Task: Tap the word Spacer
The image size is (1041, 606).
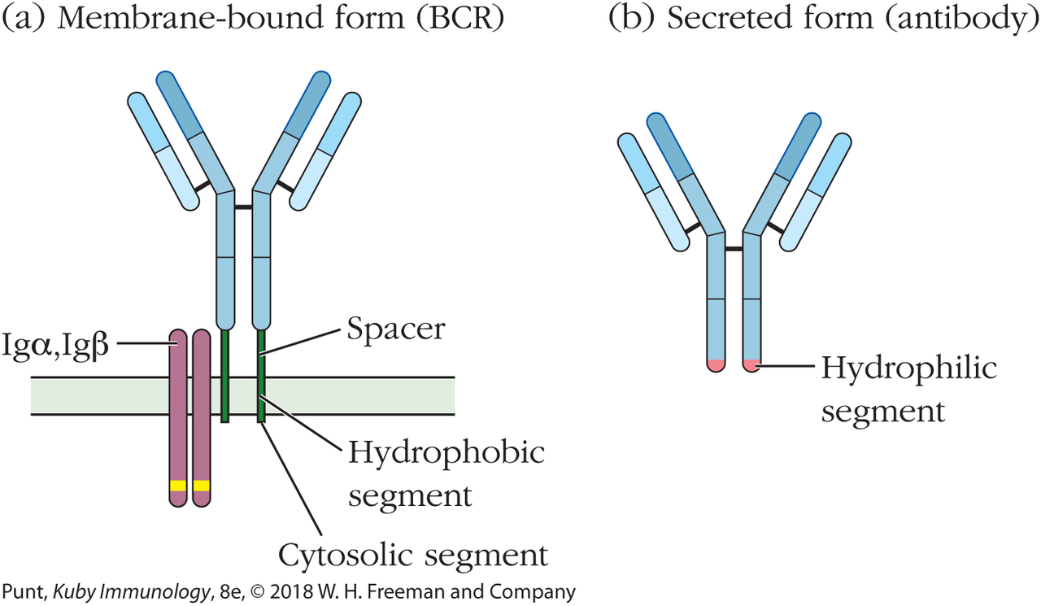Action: (395, 329)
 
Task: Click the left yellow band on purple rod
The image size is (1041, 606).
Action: (177, 486)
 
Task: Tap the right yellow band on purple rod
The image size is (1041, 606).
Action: (201, 486)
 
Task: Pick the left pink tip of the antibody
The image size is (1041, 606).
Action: (715, 365)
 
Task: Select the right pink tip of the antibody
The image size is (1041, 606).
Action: (752, 365)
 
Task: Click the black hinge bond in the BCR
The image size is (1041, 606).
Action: (243, 207)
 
